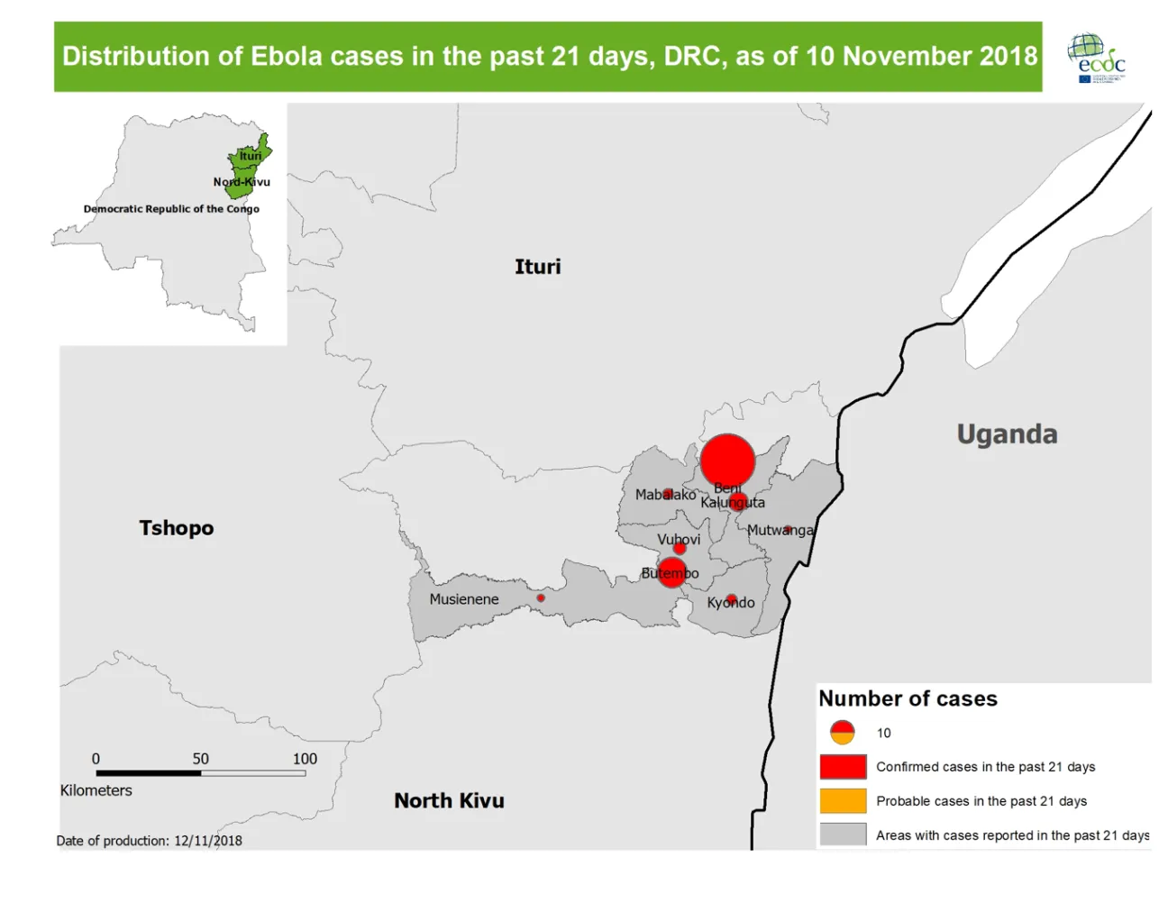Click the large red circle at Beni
coord(727,461)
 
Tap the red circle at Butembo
coord(671,572)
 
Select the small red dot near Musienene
coord(541,597)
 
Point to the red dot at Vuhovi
coord(680,548)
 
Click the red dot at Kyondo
coord(732,598)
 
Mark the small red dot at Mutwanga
coord(787,530)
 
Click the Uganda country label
coord(1007,434)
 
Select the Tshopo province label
coord(177,528)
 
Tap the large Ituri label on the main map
coord(537,267)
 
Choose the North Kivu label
coord(449,800)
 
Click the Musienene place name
coord(463,599)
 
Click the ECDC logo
coord(1096,58)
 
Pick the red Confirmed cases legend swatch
coord(843,767)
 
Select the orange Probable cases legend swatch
coord(843,801)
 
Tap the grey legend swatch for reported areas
coord(843,835)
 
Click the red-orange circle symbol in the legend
coord(842,732)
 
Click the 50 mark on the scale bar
coord(200,759)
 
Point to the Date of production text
coord(150,841)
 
